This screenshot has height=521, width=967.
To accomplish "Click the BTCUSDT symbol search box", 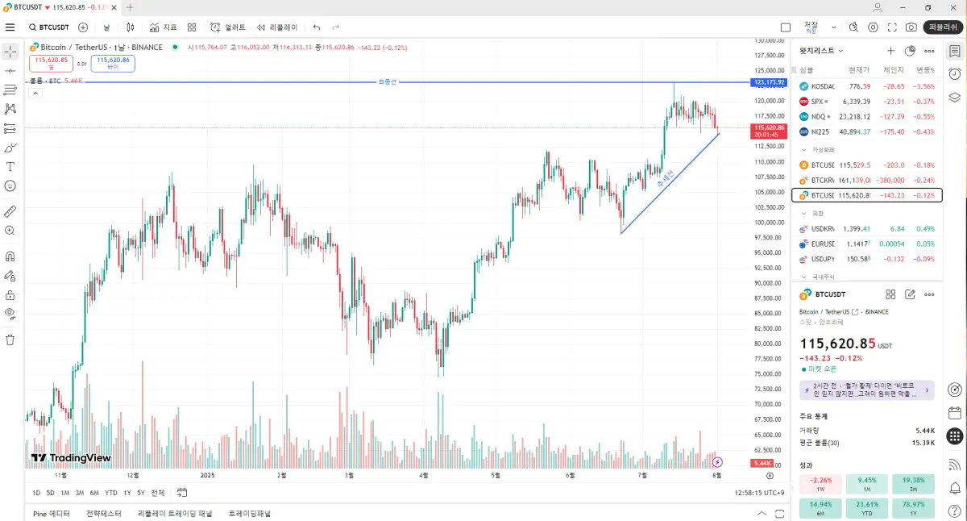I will click(x=50, y=27).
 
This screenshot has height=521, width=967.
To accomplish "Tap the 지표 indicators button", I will click(x=164, y=27).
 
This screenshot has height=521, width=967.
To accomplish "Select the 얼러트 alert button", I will click(x=228, y=27).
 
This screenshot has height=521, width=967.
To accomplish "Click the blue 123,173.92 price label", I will click(x=768, y=82).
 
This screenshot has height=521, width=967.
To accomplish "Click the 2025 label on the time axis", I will click(x=208, y=475).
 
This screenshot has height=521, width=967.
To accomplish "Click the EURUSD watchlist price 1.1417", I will click(x=857, y=244).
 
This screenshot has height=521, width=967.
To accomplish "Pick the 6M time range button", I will click(x=93, y=493).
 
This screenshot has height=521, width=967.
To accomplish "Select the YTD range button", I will click(x=111, y=493).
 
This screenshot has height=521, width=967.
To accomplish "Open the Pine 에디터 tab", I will click(x=52, y=513).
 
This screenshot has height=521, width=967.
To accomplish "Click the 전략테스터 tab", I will click(x=104, y=513).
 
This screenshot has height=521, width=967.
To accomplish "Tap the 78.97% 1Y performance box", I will click(x=913, y=509).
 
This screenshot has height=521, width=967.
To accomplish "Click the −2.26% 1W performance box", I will click(x=820, y=484).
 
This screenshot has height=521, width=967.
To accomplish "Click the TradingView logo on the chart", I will click(x=71, y=458).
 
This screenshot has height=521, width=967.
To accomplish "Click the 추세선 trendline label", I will click(x=666, y=177).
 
